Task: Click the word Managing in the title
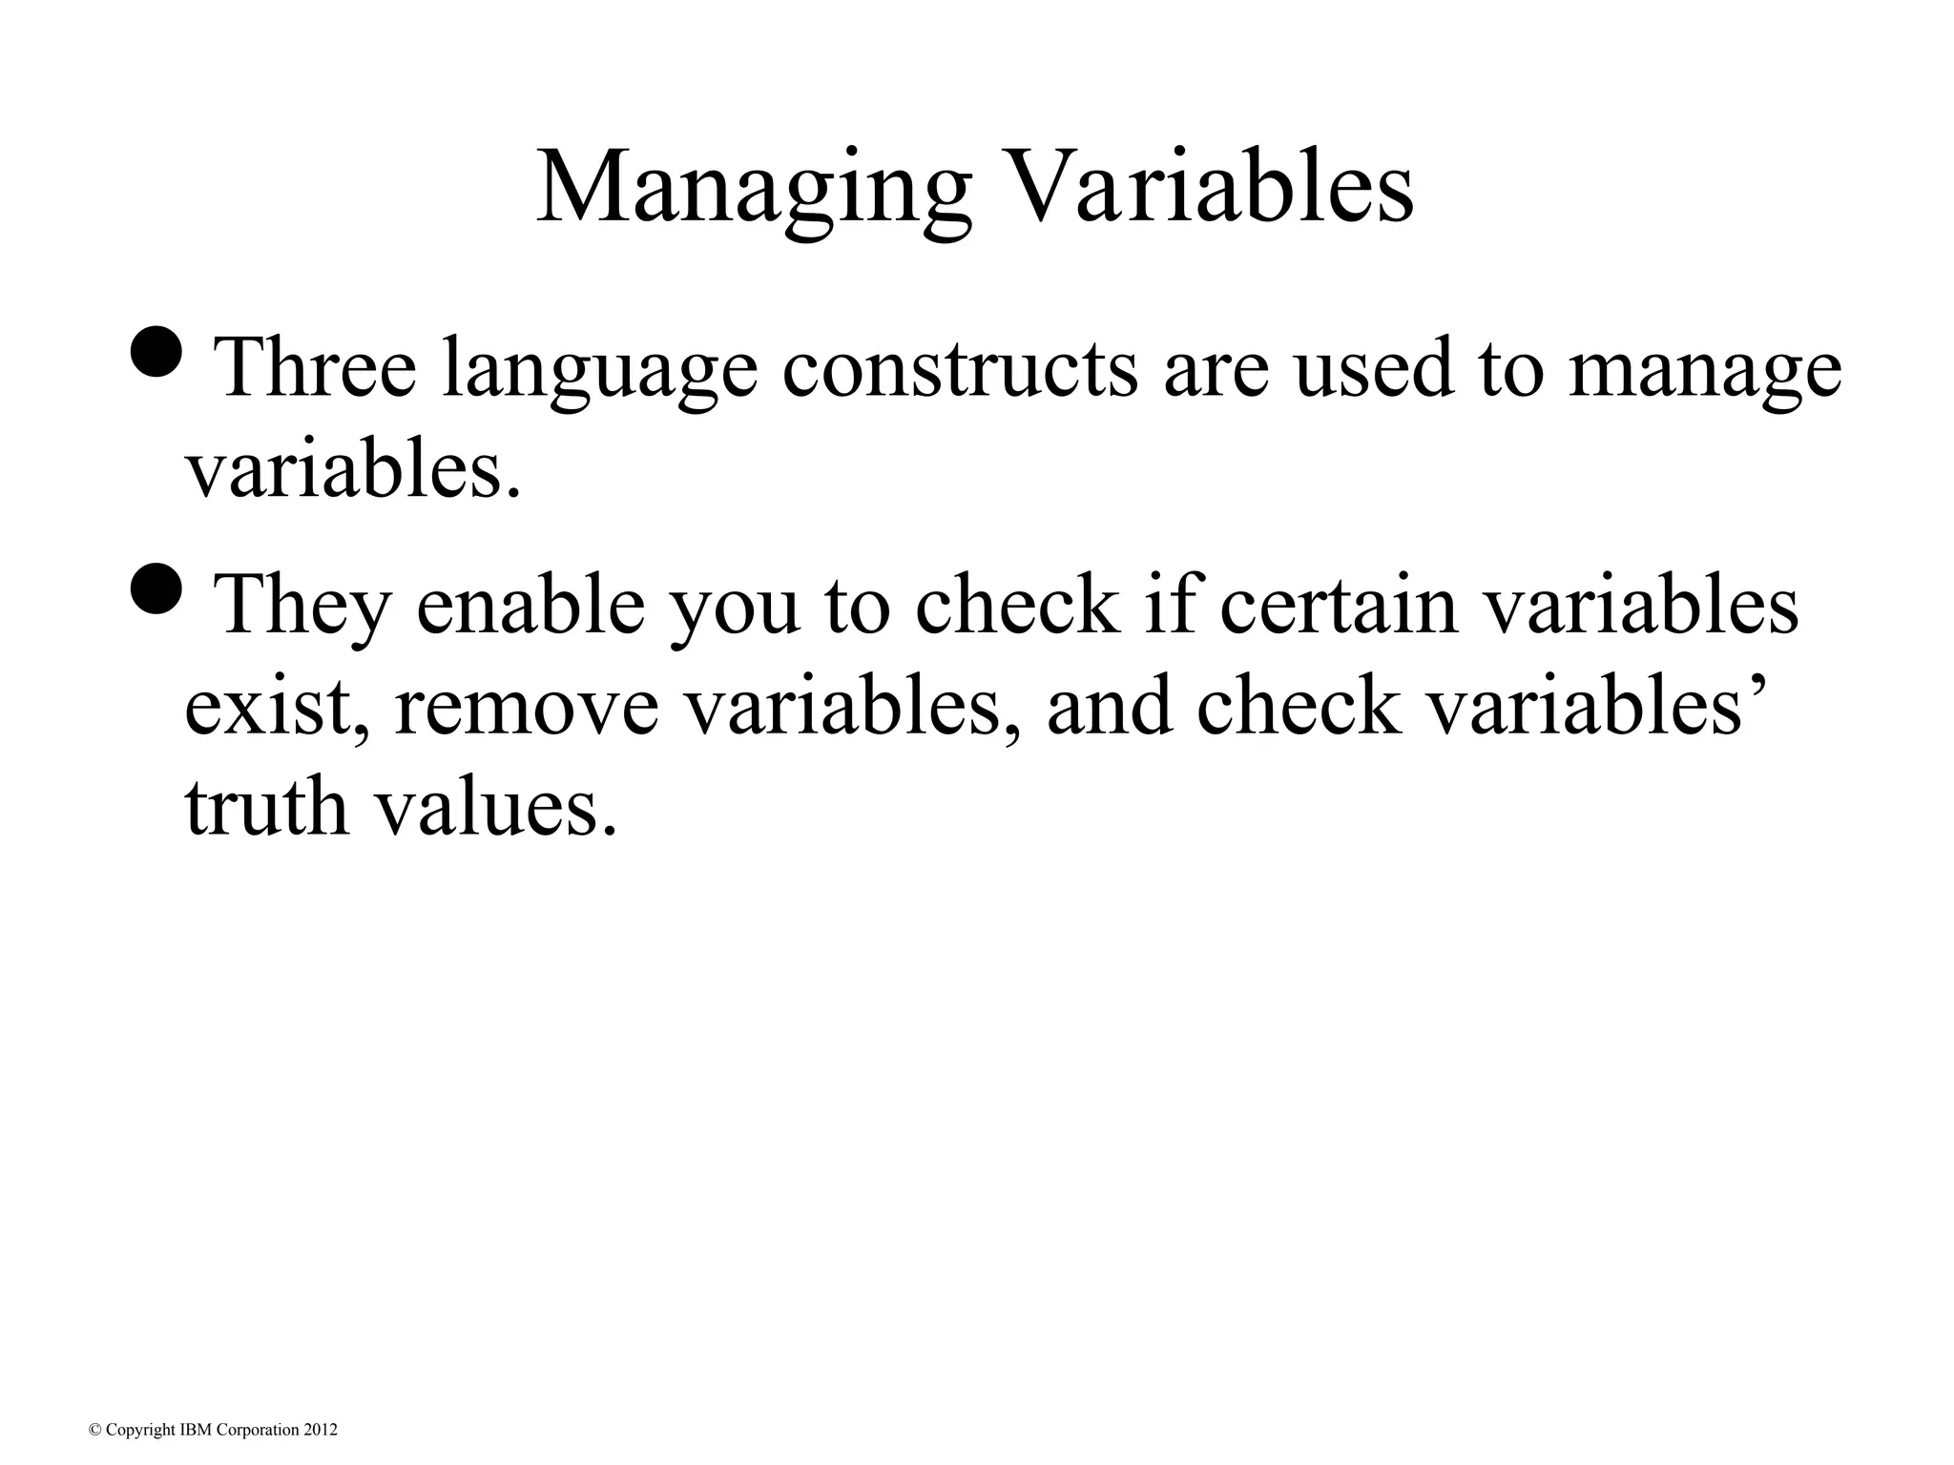click(x=754, y=188)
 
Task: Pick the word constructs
click(x=960, y=370)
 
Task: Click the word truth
click(x=266, y=807)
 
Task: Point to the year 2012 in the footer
click(x=321, y=1430)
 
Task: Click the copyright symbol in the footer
click(x=94, y=1430)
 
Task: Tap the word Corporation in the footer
click(x=252, y=1430)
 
